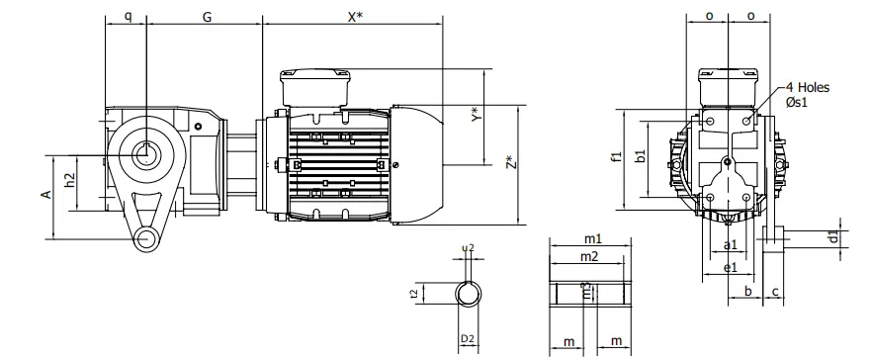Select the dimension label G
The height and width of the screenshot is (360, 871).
point(206,18)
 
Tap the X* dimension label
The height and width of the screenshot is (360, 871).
point(353,18)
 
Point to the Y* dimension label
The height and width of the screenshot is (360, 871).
point(476,117)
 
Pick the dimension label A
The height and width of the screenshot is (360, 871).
point(45,195)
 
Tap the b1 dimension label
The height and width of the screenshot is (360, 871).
point(640,155)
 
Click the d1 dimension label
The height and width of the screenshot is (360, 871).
point(832,236)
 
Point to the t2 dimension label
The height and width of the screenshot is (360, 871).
point(441,293)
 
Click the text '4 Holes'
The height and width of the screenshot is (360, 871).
point(807,87)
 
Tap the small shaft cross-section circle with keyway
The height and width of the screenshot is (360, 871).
point(469,294)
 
